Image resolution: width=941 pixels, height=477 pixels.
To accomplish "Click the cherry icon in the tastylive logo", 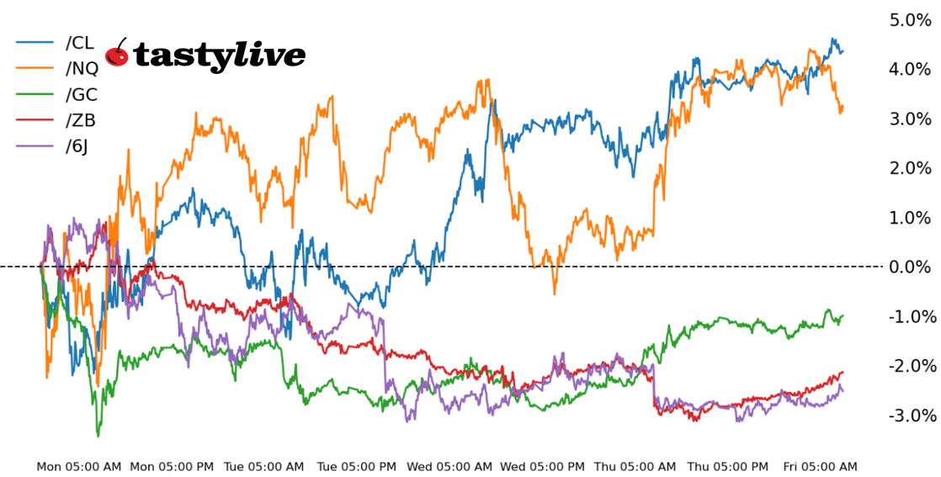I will click(117, 55).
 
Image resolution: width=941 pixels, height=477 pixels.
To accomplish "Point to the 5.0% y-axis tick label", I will click(910, 20).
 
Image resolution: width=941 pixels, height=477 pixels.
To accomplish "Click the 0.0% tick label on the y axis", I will click(910, 268).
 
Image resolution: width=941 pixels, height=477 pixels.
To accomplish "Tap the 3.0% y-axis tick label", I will click(910, 119).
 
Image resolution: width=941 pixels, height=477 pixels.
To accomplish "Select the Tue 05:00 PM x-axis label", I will click(356, 466).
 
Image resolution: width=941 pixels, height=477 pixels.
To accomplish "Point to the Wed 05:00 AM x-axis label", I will click(449, 466).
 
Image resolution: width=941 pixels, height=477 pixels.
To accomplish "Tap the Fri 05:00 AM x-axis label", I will click(820, 466).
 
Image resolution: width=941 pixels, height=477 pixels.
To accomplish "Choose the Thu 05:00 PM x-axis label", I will click(727, 466).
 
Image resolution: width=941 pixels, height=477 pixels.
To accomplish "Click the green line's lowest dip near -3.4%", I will click(98, 436).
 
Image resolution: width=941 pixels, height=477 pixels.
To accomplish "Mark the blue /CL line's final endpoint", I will click(843, 51).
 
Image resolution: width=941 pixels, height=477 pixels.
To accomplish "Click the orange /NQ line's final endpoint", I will click(843, 107).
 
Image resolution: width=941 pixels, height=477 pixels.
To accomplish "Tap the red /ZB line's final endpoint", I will click(843, 372).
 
